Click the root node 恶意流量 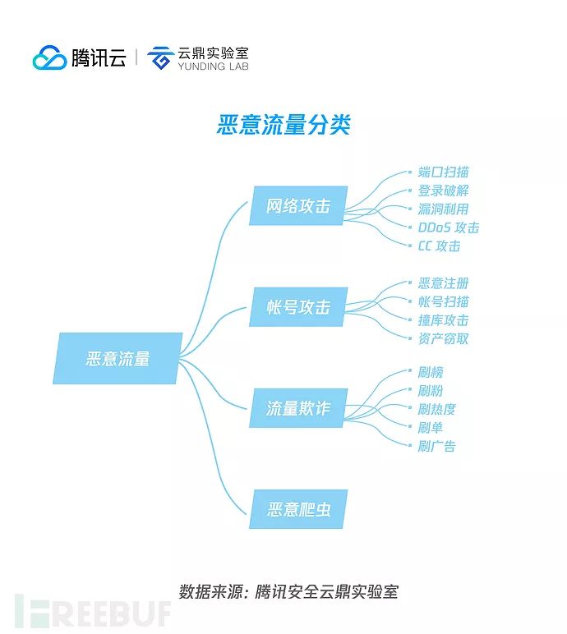[x=118, y=359]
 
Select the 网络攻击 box [x=297, y=206]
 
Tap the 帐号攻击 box [x=297, y=308]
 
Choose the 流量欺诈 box [x=297, y=408]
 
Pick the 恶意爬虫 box [x=297, y=509]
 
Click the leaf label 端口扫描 [x=443, y=172]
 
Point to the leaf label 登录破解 [x=443, y=191]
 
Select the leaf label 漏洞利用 [x=443, y=209]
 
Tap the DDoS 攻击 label [x=448, y=227]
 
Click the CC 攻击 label [x=439, y=246]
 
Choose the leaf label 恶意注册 [x=443, y=283]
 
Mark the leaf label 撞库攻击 [x=443, y=320]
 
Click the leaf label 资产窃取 [x=443, y=338]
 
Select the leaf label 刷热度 [x=436, y=409]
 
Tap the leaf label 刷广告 [x=436, y=446]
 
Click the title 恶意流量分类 [x=283, y=125]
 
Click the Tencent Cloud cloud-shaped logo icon [x=49, y=58]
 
